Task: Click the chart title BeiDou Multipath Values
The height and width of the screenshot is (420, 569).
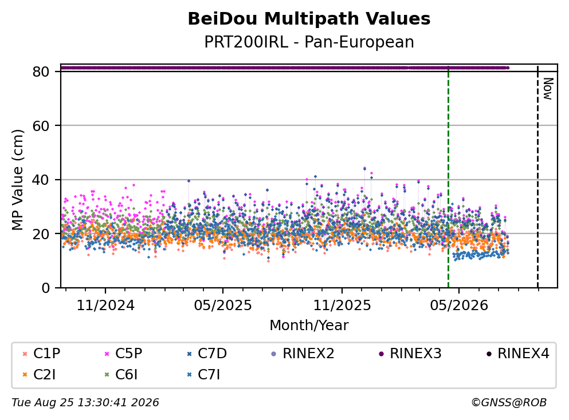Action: click(309, 19)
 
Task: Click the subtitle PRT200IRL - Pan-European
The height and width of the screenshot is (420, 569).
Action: click(309, 42)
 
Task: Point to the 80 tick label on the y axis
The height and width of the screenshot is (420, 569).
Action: click(41, 72)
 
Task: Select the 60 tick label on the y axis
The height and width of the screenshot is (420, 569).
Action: click(41, 126)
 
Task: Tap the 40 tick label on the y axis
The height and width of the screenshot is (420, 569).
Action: click(41, 180)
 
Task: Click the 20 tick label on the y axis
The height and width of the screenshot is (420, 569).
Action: click(41, 233)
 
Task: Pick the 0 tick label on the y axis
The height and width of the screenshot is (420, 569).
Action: click(45, 288)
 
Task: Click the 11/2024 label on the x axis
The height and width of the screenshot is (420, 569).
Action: click(105, 306)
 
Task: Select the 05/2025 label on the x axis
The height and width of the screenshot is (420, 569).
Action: click(222, 306)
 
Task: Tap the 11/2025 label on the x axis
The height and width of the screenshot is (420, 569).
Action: click(342, 306)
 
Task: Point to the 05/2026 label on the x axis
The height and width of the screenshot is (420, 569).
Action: click(459, 306)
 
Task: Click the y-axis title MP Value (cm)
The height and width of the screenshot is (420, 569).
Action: click(17, 180)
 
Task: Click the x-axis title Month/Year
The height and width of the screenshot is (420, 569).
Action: click(309, 326)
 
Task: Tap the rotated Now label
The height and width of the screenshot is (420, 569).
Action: click(548, 89)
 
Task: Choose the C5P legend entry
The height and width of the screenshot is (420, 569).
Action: click(123, 353)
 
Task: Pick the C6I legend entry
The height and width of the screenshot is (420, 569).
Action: click(121, 375)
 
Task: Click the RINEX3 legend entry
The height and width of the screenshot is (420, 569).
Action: click(410, 353)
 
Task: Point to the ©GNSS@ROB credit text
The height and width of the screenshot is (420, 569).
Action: click(509, 403)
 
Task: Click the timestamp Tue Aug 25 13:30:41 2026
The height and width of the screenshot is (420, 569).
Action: click(85, 403)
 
